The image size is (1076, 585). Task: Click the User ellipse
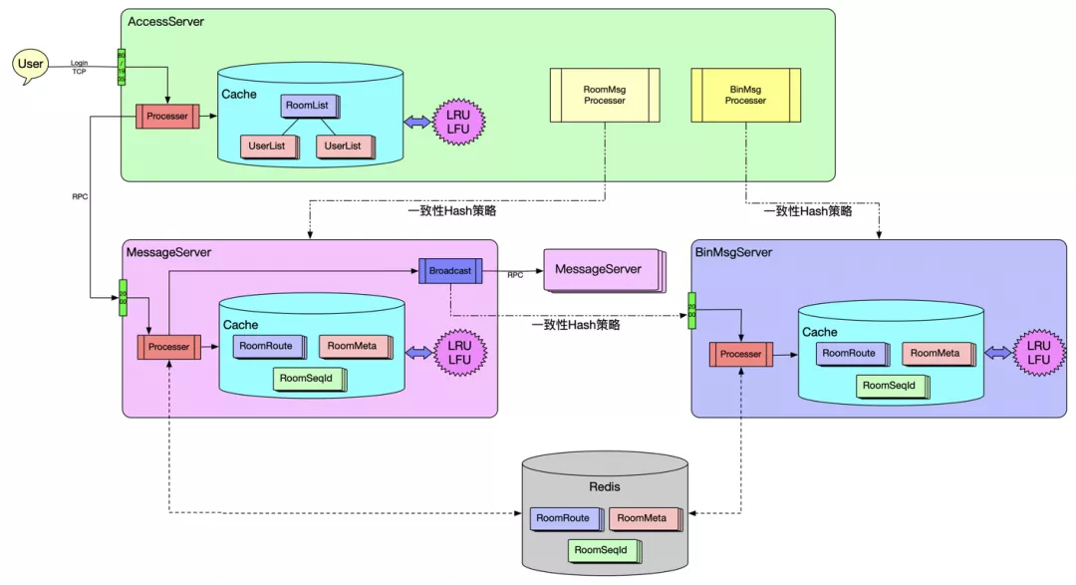click(x=31, y=65)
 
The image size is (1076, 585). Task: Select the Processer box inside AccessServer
click(x=167, y=116)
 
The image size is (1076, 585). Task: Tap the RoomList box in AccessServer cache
click(x=309, y=106)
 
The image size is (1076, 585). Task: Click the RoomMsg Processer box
click(x=605, y=95)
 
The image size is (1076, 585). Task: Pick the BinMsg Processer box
click(x=745, y=95)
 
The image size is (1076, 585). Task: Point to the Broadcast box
click(x=450, y=270)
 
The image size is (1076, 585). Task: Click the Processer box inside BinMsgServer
click(x=740, y=354)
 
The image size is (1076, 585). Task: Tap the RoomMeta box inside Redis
click(x=643, y=518)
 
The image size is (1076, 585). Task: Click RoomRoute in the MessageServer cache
click(x=264, y=346)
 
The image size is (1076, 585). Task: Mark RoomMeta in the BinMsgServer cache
click(x=935, y=353)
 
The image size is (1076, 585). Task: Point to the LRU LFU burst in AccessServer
click(x=458, y=122)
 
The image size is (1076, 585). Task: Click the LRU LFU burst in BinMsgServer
click(x=1039, y=353)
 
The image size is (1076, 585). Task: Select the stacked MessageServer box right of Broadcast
click(x=601, y=270)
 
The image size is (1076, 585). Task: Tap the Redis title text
click(x=605, y=487)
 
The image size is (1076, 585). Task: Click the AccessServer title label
click(x=166, y=21)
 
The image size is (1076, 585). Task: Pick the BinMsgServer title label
click(x=733, y=253)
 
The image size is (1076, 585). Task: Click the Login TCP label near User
click(x=80, y=67)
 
